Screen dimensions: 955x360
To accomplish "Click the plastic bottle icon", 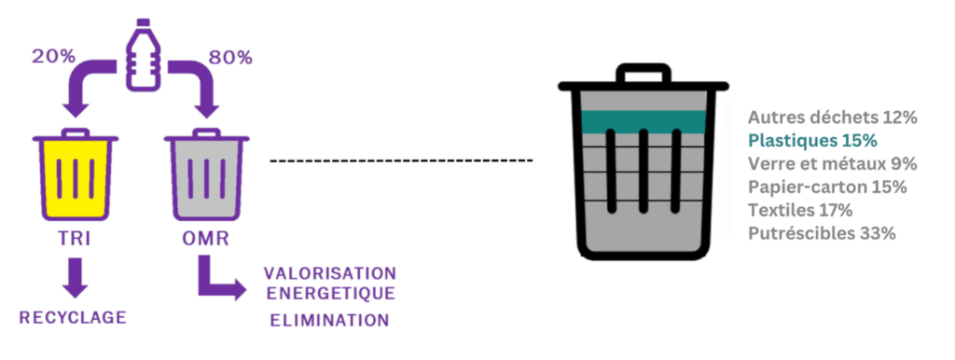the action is [x=143, y=55].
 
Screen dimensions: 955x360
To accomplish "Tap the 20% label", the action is [x=53, y=57].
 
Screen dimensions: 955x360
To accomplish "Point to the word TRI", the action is [x=75, y=239].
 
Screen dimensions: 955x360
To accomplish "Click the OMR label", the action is [x=206, y=239].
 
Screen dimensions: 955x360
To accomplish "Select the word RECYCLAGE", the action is [x=73, y=317].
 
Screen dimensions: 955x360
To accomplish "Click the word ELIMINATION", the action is [x=329, y=321].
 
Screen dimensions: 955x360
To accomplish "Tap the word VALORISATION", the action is [x=329, y=272].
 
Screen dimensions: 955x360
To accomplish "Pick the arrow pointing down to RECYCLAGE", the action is [x=75, y=277].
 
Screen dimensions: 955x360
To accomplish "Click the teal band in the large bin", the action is [x=644, y=122].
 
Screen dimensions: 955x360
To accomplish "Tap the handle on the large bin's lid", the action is [x=644, y=73].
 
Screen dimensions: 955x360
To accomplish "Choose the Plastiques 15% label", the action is [x=812, y=141].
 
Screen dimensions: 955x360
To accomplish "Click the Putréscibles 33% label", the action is [x=822, y=233].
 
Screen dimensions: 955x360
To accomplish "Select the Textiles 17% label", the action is [x=799, y=210].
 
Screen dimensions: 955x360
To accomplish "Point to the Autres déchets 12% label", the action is [x=833, y=118].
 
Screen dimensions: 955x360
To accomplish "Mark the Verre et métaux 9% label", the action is [x=833, y=164].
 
